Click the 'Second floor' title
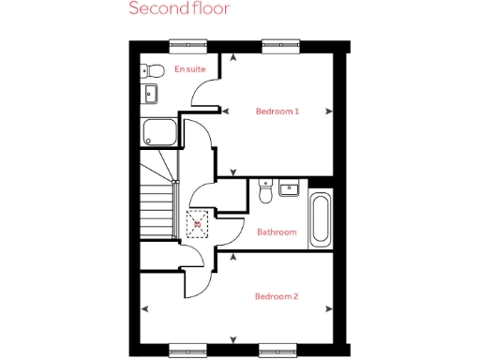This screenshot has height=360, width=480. (x=178, y=10)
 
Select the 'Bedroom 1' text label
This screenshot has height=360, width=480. (x=277, y=112)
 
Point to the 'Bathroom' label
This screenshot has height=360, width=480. (x=277, y=232)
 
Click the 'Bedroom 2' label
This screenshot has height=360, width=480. (x=277, y=297)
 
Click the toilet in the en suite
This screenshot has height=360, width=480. (x=153, y=70)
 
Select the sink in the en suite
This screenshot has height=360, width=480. (x=150, y=92)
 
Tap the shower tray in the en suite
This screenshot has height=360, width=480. (x=159, y=132)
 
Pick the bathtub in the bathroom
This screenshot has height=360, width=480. (x=320, y=218)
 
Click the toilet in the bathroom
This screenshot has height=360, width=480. (x=265, y=192)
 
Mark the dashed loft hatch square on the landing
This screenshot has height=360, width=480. (x=198, y=224)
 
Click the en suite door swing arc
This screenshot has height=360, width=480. (x=202, y=92)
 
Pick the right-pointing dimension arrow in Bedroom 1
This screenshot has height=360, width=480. (x=328, y=112)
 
